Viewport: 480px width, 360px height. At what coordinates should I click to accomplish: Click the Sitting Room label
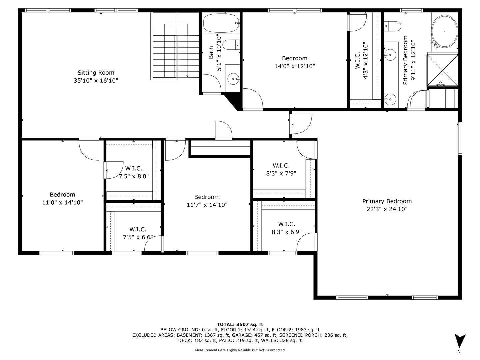pyautogui.click(x=96, y=73)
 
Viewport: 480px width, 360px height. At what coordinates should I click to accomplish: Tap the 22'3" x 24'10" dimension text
pyautogui.click(x=387, y=209)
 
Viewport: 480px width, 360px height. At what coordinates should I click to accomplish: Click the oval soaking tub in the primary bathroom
pyautogui.click(x=444, y=31)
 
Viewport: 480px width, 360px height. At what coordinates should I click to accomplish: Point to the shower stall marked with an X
pyautogui.click(x=442, y=70)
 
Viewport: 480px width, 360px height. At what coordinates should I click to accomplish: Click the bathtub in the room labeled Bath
pyautogui.click(x=221, y=23)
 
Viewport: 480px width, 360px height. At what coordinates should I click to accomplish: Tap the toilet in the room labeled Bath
pyautogui.click(x=231, y=45)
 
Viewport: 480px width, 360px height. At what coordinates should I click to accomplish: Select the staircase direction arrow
pyautogui.click(x=188, y=75)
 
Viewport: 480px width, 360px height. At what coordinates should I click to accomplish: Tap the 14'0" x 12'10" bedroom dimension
pyautogui.click(x=295, y=66)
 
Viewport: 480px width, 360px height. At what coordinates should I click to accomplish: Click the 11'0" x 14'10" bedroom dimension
pyautogui.click(x=62, y=202)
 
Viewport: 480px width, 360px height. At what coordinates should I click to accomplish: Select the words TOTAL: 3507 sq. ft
pyautogui.click(x=240, y=324)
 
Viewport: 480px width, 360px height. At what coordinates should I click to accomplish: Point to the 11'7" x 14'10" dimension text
pyautogui.click(x=207, y=205)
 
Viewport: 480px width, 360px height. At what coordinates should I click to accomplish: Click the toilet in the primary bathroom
pyautogui.click(x=393, y=26)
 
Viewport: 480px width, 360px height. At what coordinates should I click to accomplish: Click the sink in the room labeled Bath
pyautogui.click(x=233, y=79)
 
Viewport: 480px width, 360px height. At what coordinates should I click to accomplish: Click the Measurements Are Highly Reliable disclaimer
pyautogui.click(x=240, y=350)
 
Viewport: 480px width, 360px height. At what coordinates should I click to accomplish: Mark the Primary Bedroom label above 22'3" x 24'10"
pyautogui.click(x=387, y=201)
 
